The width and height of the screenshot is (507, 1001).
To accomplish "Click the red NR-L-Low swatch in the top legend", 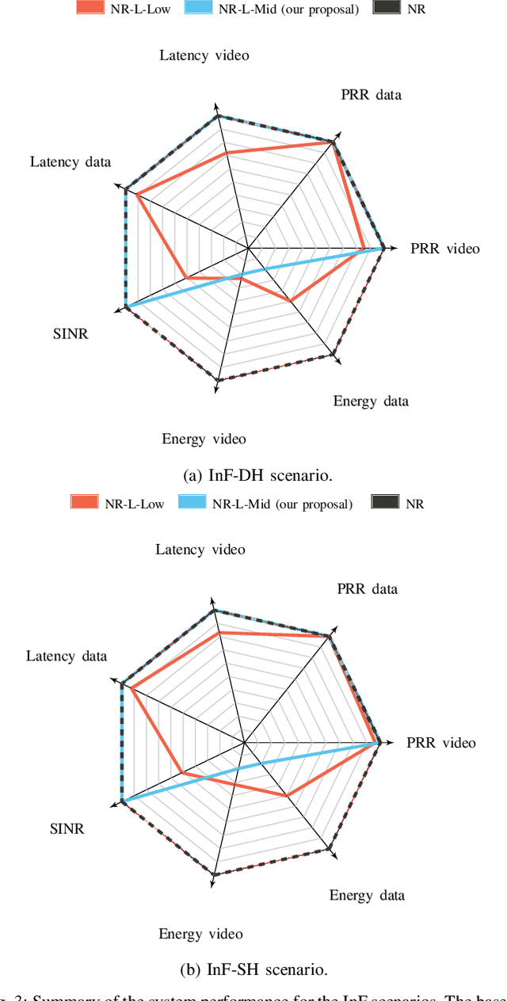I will [x=90, y=9].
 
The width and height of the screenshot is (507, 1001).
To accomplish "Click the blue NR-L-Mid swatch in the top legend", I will [x=200, y=9].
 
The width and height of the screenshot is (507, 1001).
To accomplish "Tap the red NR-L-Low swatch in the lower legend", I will [x=85, y=502].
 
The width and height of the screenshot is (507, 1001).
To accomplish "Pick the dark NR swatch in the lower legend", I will [x=387, y=502].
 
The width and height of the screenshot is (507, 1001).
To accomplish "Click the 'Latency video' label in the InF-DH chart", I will [x=204, y=55].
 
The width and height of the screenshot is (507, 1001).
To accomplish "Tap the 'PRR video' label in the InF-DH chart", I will [x=445, y=249].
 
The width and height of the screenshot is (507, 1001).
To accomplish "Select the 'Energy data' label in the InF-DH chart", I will [x=371, y=401].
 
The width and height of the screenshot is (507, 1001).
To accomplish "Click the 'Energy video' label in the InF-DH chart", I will [x=204, y=439].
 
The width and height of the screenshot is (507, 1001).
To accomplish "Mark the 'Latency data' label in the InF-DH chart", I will [x=71, y=162].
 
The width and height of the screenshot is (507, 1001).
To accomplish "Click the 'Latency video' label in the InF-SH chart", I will [x=200, y=550].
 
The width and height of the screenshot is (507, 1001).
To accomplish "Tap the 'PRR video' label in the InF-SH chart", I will [x=441, y=743].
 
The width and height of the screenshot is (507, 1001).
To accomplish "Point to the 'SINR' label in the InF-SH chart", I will [x=67, y=829].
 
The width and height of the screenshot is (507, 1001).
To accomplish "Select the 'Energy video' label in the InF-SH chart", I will [x=200, y=934].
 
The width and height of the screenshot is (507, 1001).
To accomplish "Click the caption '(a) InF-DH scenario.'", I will [x=257, y=475].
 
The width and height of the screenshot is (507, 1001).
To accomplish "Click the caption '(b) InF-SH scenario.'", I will [x=253, y=969].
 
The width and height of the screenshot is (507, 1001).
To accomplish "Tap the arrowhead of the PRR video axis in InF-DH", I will [x=392, y=249].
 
